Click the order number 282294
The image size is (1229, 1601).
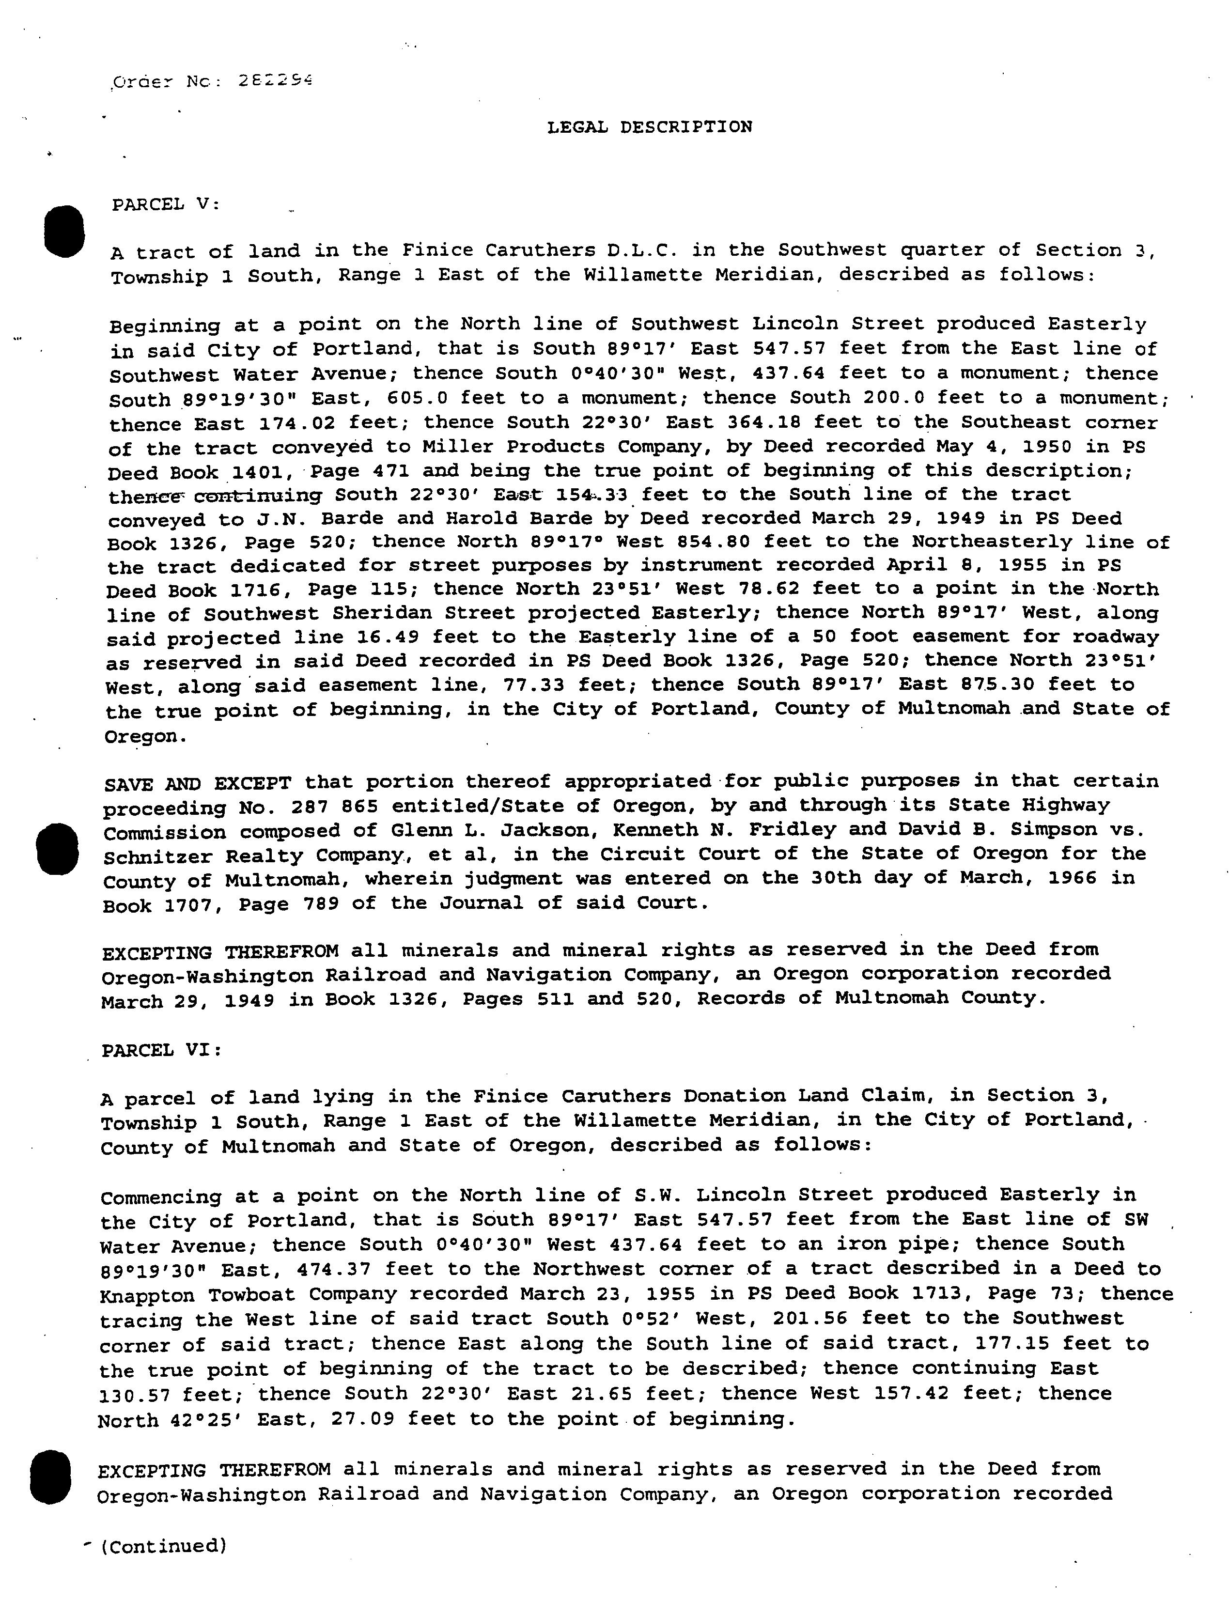coord(275,81)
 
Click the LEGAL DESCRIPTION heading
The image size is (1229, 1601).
coord(650,127)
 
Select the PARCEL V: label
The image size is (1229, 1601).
coord(165,205)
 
